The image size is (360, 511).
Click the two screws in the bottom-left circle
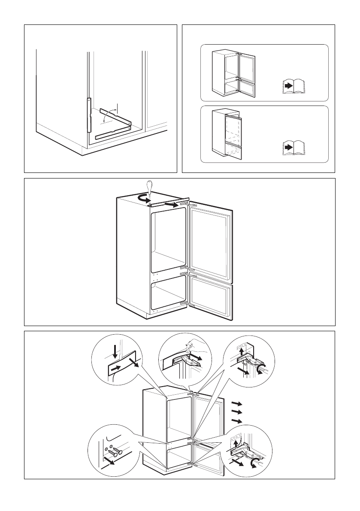(115, 451)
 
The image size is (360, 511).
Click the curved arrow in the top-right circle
(261, 368)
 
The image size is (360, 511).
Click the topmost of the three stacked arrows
(236, 404)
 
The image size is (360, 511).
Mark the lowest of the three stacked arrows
(236, 422)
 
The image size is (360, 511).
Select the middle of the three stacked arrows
(236, 413)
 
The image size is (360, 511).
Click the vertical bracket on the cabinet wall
(89, 115)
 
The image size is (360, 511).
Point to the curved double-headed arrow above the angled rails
(112, 113)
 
